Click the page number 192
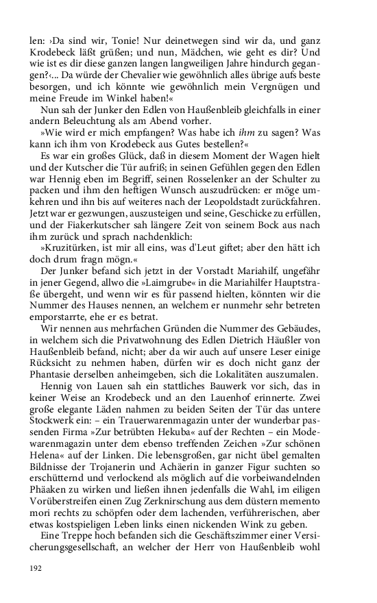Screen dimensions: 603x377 tap(36, 568)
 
